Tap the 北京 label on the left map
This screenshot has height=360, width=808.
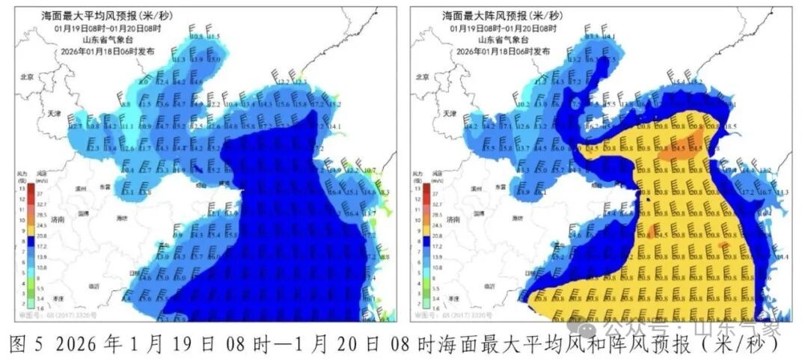pyautogui.click(x=28, y=76)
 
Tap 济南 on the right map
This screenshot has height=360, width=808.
pyautogui.click(x=452, y=220)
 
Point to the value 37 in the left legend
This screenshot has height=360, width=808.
pyautogui.click(x=37, y=192)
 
